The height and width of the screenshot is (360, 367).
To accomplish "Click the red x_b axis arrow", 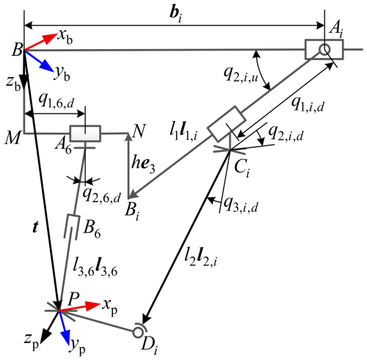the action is tap(40, 42).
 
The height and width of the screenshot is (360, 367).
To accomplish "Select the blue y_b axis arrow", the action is tap(39, 61).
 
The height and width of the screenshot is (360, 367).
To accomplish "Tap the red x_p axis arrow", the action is tap(79, 307).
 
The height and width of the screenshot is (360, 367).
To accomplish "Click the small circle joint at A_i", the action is tap(324, 50).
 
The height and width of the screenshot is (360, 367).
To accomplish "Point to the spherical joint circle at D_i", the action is tap(138, 333).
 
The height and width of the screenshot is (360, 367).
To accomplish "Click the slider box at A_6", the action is tap(85, 133).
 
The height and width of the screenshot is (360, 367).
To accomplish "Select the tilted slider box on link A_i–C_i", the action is tap(227, 124).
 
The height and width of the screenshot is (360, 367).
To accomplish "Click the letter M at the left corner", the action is tap(13, 139).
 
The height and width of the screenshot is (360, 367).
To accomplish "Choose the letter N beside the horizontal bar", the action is tap(139, 131).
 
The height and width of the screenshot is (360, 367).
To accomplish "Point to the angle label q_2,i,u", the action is tap(241, 74).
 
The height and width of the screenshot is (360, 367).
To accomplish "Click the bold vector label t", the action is tap(36, 227).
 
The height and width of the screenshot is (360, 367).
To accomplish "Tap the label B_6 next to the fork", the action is tap(92, 230).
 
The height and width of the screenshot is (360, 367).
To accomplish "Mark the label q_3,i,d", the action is tap(241, 205).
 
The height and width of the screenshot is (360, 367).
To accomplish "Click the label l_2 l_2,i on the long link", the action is tap(200, 258).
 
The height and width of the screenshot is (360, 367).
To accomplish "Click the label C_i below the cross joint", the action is tap(241, 169).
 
